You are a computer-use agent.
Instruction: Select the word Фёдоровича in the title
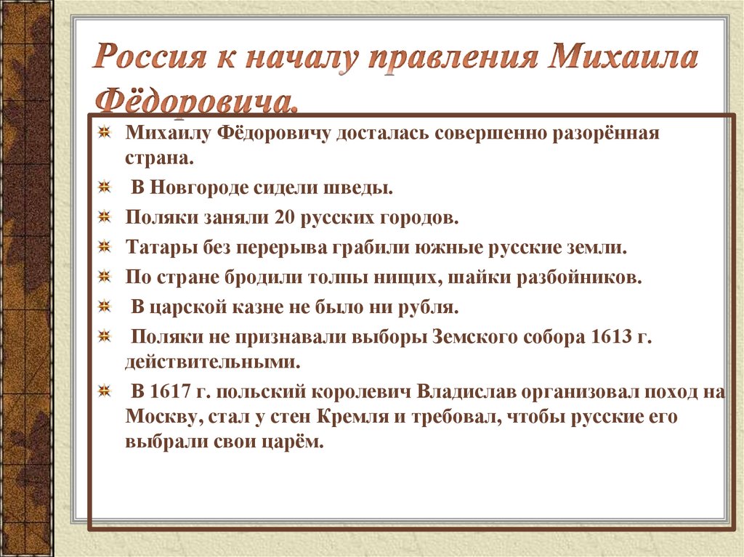(x=196, y=102)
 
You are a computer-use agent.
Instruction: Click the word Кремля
(x=393, y=417)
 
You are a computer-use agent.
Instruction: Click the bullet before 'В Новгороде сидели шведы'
(x=105, y=188)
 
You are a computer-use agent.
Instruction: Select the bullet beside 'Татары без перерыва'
(x=105, y=247)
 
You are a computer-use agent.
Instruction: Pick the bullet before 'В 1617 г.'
(x=105, y=391)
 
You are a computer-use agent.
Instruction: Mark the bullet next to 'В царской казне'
(x=105, y=306)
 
